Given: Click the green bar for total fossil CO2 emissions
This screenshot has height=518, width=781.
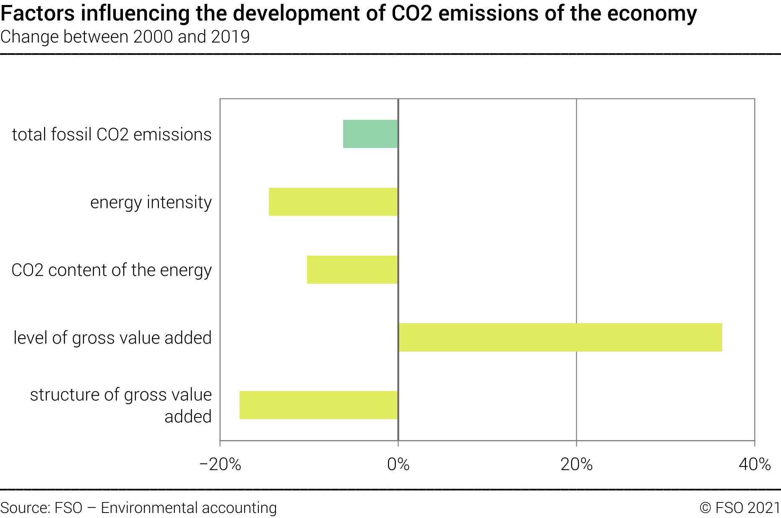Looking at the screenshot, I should pyautogui.click(x=370, y=134).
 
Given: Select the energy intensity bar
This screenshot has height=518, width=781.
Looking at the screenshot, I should pyautogui.click(x=333, y=202).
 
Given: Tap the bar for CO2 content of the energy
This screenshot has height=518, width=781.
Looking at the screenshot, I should pyautogui.click(x=352, y=270).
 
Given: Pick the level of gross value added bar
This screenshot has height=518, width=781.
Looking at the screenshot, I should pyautogui.click(x=560, y=337).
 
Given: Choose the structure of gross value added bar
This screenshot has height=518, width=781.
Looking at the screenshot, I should pyautogui.click(x=318, y=405).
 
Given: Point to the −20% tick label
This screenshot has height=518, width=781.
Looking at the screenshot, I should pyautogui.click(x=220, y=464).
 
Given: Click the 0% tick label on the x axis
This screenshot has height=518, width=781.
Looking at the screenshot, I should pyautogui.click(x=398, y=464).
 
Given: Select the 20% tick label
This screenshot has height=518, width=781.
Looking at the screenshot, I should pyautogui.click(x=576, y=464).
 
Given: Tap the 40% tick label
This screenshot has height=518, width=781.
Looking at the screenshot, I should pyautogui.click(x=754, y=464).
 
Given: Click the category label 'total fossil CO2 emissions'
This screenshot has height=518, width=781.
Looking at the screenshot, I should pyautogui.click(x=112, y=135).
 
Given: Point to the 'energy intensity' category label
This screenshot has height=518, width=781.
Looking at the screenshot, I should pyautogui.click(x=151, y=202).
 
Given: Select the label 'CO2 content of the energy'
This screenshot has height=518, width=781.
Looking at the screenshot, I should pyautogui.click(x=112, y=270).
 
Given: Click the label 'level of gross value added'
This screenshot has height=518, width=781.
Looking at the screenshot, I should pyautogui.click(x=112, y=338).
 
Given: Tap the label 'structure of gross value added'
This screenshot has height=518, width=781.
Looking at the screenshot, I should pyautogui.click(x=121, y=405).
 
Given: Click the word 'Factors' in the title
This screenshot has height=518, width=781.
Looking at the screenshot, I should pyautogui.click(x=38, y=13).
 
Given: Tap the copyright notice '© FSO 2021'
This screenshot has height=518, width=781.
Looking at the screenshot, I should pyautogui.click(x=739, y=508).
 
